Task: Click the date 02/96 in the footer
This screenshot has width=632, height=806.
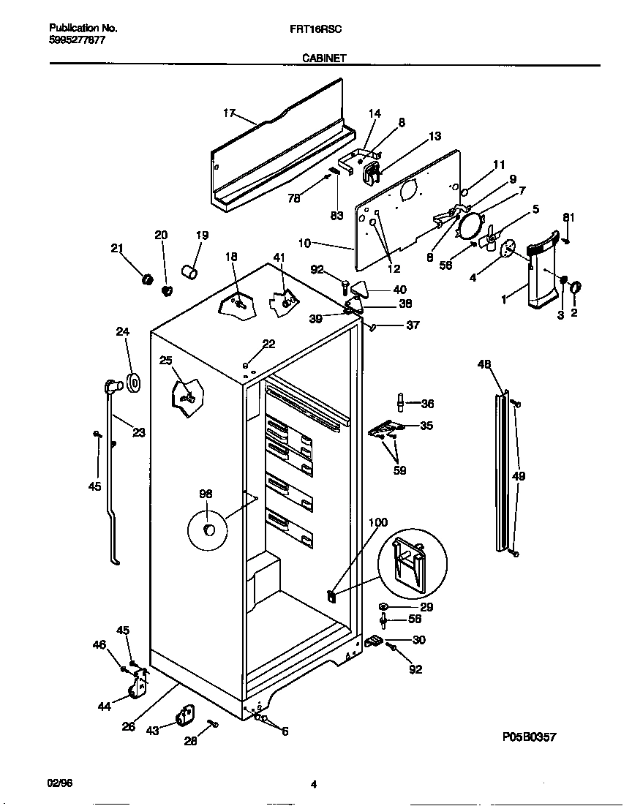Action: coord(60,783)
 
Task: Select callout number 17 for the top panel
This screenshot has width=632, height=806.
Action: coord(229,113)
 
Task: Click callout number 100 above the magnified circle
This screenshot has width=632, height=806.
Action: coord(378,522)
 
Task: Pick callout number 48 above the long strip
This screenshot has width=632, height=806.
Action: coord(484,364)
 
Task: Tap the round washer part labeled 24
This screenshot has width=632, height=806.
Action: coord(133,382)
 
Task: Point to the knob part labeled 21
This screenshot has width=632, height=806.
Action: coord(146,279)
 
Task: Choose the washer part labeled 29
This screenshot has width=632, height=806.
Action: coord(383,607)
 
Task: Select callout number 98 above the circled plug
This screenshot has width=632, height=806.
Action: coord(206,494)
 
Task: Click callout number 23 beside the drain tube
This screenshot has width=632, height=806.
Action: coord(138,432)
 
